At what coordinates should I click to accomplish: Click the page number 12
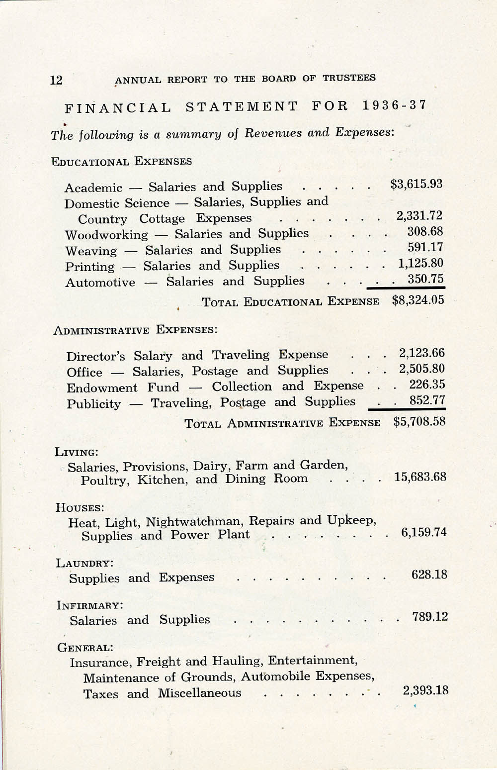click(x=56, y=80)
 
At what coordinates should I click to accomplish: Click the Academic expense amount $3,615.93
click(x=416, y=184)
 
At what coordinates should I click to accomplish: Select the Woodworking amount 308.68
click(x=425, y=232)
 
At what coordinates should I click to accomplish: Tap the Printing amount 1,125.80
click(x=420, y=263)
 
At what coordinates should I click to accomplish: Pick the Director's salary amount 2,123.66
click(x=421, y=353)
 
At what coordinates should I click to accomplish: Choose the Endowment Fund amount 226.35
click(x=427, y=385)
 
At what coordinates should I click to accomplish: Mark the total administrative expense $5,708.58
click(x=419, y=422)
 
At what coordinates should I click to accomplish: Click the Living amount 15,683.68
click(x=420, y=477)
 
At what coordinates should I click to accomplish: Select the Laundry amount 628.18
click(x=429, y=575)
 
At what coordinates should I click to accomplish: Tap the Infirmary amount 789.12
click(x=430, y=617)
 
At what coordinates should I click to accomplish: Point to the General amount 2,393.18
click(x=425, y=690)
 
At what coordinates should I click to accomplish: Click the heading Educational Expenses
click(x=122, y=162)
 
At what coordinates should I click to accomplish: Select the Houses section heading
click(x=80, y=507)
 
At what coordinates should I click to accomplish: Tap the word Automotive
click(x=100, y=283)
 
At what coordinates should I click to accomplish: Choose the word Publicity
click(x=93, y=403)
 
